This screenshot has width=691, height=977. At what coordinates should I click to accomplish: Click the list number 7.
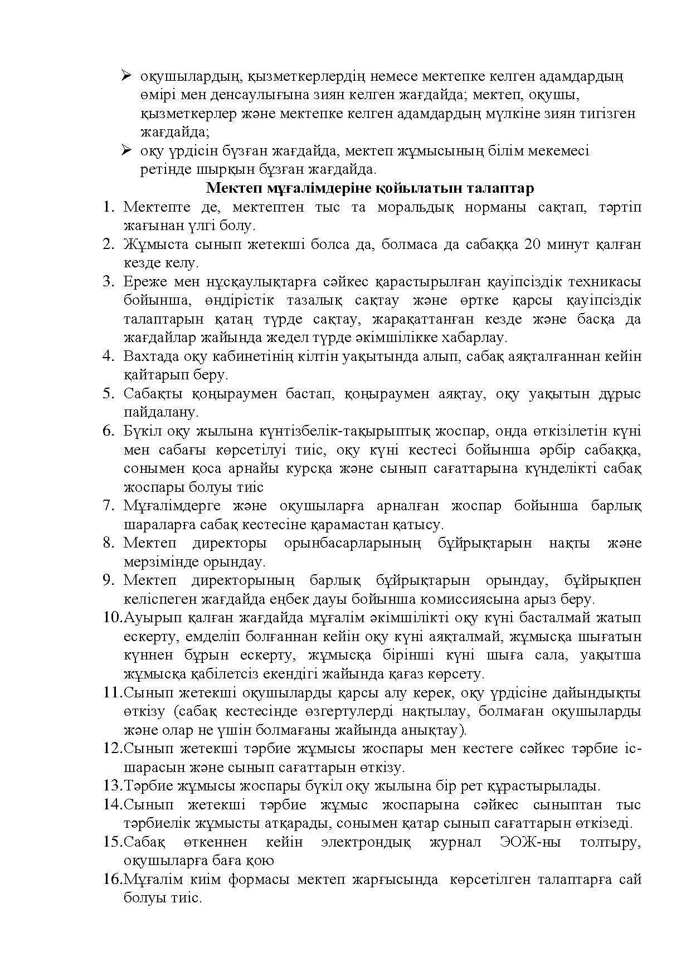pyautogui.click(x=108, y=506)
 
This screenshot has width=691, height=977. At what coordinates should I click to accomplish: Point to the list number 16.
pyautogui.click(x=112, y=879)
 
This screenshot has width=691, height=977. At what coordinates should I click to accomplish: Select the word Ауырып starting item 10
pyautogui.click(x=148, y=618)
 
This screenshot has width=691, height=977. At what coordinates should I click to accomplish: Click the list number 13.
pyautogui.click(x=112, y=785)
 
